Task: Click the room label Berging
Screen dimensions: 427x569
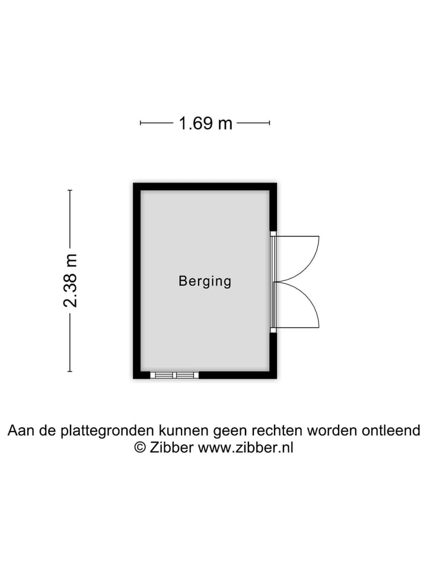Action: pos(205,281)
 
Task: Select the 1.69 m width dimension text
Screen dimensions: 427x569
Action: pos(206,123)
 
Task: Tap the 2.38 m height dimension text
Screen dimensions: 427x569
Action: pos(70,280)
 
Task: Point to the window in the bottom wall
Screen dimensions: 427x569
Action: pos(174,375)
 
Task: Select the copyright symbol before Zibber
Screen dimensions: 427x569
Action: pos(140,447)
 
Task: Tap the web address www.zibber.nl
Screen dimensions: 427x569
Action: pos(246,447)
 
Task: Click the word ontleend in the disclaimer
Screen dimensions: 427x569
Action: pos(391,430)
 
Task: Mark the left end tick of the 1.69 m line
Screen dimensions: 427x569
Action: pos(141,123)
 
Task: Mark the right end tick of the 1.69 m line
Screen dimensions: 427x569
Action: pos(269,123)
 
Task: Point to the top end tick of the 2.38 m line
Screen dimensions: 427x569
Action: pos(70,190)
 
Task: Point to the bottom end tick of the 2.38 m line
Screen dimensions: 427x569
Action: pos(70,371)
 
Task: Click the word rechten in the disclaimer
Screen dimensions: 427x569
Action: pos(277,430)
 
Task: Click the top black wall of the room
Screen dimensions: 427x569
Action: pos(205,187)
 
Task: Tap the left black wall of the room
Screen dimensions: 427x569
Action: pos(137,281)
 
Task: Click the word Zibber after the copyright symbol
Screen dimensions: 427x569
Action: pos(172,447)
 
